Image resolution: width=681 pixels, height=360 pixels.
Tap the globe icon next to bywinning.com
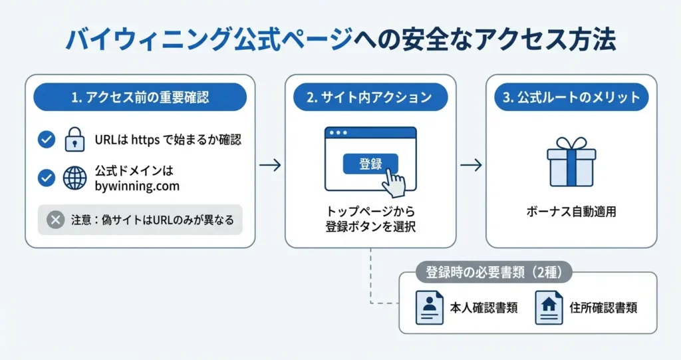75,178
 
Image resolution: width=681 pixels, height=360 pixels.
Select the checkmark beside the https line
47,140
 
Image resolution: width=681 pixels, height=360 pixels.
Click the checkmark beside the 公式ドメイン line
47,178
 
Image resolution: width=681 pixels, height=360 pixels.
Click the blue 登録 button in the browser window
370,164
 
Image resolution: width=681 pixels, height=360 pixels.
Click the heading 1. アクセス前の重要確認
140,97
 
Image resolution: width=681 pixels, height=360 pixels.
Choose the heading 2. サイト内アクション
370,97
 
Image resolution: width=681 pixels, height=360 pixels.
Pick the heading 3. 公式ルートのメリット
571,97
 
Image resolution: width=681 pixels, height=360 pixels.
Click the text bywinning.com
137,186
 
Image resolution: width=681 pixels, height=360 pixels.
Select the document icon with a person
429,308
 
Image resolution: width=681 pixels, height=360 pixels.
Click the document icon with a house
549,308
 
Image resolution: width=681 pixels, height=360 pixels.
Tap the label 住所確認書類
603,308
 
